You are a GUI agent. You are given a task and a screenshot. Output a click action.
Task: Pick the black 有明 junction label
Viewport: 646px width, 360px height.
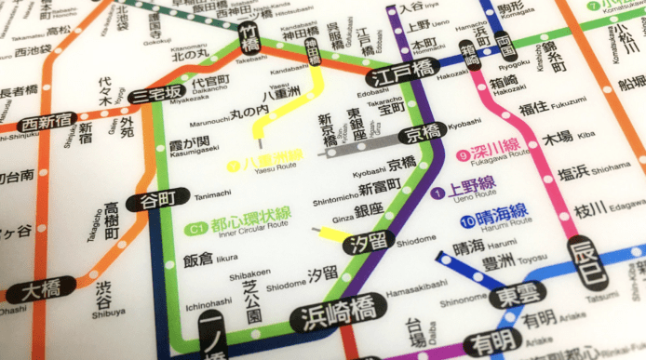[491, 342]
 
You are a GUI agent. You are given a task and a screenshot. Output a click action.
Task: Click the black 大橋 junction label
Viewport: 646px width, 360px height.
[41, 290]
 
